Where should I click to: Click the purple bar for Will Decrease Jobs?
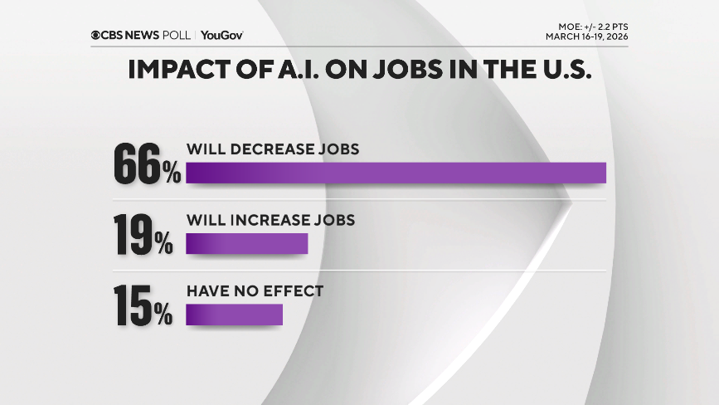(x=396, y=173)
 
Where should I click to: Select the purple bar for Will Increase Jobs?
(x=246, y=243)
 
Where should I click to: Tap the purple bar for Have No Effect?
(x=234, y=315)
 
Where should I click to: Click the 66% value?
(x=147, y=164)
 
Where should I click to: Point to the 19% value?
(x=143, y=236)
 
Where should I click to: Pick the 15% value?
(x=143, y=307)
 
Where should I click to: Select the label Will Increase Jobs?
(x=270, y=221)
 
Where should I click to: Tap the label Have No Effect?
(x=254, y=292)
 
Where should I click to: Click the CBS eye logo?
(x=97, y=36)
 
